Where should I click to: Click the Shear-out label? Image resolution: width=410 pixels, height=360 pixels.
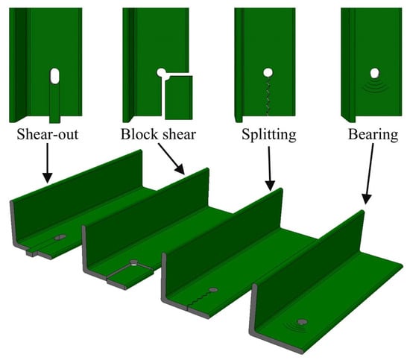click(48, 135)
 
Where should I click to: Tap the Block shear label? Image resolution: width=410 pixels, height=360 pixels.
click(158, 135)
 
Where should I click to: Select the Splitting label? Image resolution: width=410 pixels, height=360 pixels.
click(269, 135)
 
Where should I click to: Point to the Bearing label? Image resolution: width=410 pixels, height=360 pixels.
click(373, 135)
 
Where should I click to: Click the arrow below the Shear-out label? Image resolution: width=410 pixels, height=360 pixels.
click(47, 163)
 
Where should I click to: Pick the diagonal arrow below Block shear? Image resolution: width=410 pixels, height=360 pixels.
click(171, 159)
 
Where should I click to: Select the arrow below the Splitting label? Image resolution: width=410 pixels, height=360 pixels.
click(270, 168)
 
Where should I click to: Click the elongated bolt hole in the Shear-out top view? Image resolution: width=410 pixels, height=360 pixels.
click(54, 76)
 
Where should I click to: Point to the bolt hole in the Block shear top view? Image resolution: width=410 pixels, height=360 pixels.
click(161, 72)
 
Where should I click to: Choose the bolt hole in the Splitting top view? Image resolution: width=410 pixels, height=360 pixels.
click(268, 72)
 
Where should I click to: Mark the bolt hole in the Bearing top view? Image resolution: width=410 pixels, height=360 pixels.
click(375, 73)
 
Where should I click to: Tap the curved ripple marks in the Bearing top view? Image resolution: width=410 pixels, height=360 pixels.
click(375, 86)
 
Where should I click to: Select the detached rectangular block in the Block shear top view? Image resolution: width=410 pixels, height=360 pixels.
click(179, 98)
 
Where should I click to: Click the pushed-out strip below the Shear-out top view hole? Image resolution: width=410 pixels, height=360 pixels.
click(54, 104)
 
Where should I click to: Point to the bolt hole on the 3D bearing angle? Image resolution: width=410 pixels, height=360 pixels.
click(302, 321)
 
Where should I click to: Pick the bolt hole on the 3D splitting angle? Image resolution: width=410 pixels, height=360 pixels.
click(213, 290)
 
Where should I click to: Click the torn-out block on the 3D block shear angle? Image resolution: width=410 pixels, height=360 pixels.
click(130, 277)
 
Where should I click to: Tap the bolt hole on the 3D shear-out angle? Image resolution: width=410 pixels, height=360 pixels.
click(60, 237)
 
